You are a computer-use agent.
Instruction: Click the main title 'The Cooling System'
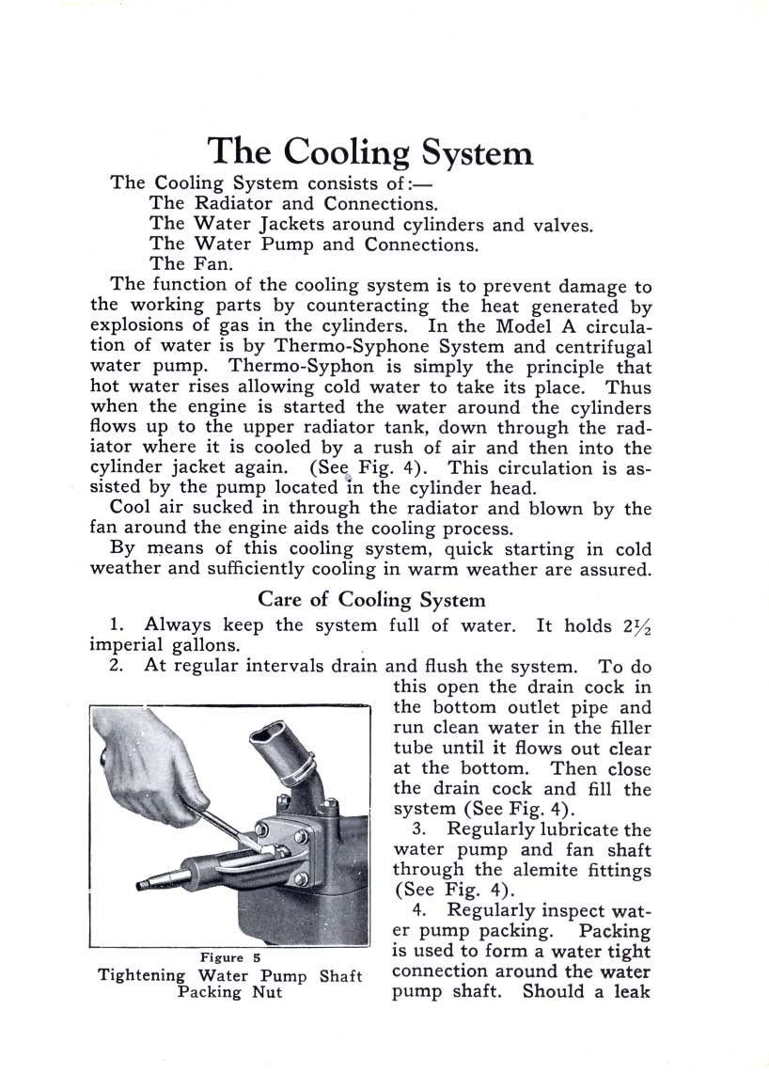tap(369, 151)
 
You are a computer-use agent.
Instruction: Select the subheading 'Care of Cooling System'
tap(371, 599)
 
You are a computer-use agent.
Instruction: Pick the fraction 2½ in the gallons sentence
tap(636, 626)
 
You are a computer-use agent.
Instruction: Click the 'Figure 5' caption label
tap(229, 957)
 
